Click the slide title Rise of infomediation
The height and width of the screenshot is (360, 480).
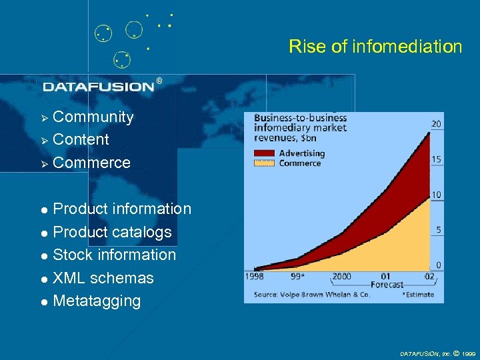pos(375,47)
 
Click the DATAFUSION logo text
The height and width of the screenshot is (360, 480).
pos(99,86)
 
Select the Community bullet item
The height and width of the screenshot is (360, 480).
pos(93,117)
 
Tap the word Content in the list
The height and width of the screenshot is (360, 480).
pos(81,139)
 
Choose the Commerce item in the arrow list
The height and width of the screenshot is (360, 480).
pos(91,163)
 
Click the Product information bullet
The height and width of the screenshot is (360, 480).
pos(121,209)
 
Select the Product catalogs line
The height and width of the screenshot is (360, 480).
pos(112,232)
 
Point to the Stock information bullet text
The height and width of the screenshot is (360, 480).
pos(114,255)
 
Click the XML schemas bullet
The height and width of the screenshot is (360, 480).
pos(103,278)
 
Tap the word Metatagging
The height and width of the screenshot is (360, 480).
pos(97,301)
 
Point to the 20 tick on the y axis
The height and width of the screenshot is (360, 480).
pos(436,124)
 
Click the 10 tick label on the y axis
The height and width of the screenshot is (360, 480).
pos(437,195)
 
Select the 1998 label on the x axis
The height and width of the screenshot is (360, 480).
pos(255,276)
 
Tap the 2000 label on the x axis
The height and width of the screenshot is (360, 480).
pos(341,276)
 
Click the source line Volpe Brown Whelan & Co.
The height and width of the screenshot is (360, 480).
pos(311,294)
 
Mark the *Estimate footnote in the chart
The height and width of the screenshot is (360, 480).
pos(418,294)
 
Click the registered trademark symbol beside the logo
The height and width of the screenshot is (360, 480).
pos(159,81)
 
